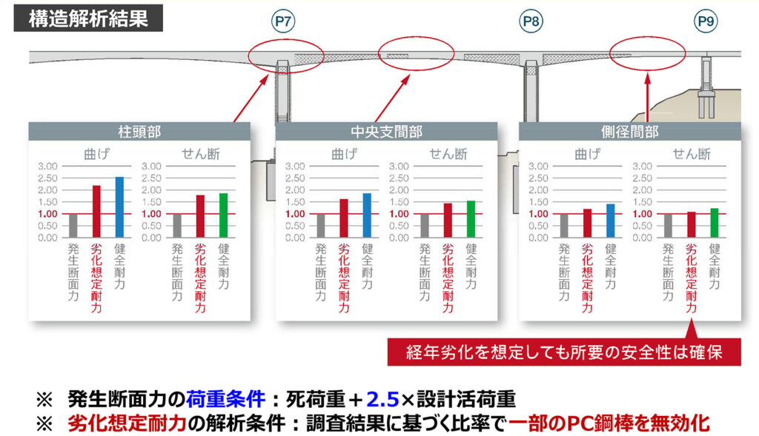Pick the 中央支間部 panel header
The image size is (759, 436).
tap(387, 132)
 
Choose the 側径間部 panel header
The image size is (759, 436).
tap(630, 132)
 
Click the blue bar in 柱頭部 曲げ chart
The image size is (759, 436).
tap(119, 207)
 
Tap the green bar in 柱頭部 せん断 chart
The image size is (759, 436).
tap(223, 215)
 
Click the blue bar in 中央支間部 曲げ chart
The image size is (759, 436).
tap(366, 215)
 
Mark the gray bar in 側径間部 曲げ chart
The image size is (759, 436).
tap(564, 226)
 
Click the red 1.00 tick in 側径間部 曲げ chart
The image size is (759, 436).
tap(540, 214)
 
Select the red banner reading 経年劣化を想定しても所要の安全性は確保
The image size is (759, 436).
tap(564, 350)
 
